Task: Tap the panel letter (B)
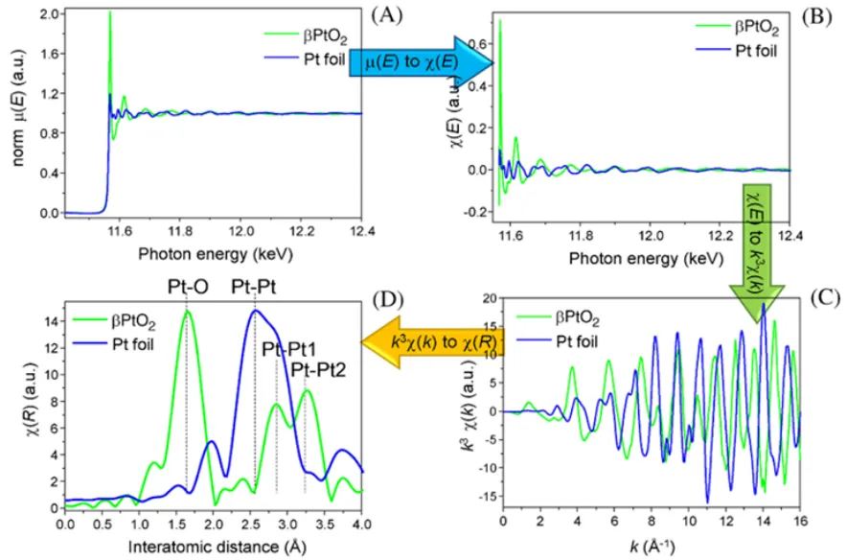pos(816,16)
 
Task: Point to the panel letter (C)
pos(817,296)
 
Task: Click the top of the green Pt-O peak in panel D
pos(187,310)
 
